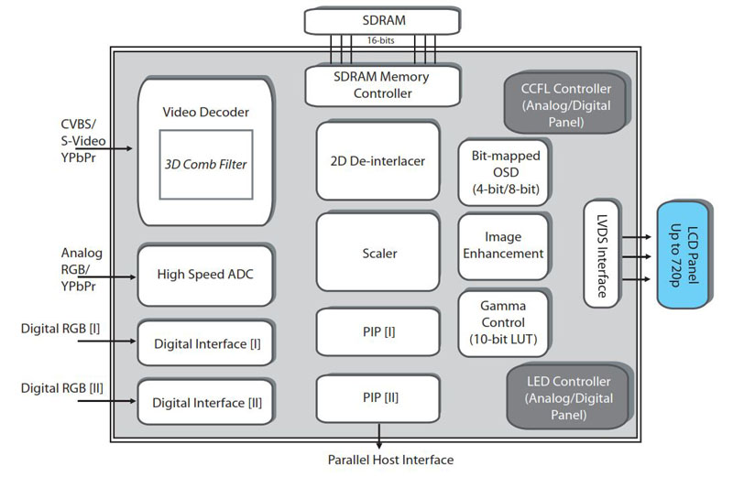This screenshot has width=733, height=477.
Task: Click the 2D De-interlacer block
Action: pyautogui.click(x=377, y=161)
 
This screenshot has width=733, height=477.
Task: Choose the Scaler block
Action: pyautogui.click(x=377, y=254)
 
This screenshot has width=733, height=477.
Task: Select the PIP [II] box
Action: pyautogui.click(x=377, y=398)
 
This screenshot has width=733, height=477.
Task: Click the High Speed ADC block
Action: pyautogui.click(x=204, y=275)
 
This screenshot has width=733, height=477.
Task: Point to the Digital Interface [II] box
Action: pyautogui.click(x=204, y=401)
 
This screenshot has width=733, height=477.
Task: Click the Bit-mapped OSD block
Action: pyautogui.click(x=503, y=170)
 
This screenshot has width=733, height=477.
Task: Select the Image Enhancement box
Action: pyautogui.click(x=503, y=244)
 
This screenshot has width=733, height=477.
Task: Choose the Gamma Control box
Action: pyautogui.click(x=503, y=322)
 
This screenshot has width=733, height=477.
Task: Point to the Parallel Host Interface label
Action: pyautogui.click(x=390, y=460)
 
